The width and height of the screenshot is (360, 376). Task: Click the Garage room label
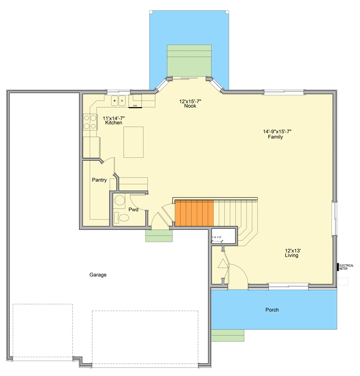click(x=98, y=275)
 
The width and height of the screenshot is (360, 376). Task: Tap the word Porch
click(x=272, y=310)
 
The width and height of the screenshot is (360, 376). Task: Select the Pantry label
click(x=99, y=180)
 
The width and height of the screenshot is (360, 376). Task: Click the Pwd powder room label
click(x=134, y=210)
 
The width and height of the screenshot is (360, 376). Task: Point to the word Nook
click(x=190, y=106)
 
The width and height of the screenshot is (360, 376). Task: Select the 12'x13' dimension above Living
click(x=292, y=251)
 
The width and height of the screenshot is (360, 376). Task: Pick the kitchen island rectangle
click(x=134, y=142)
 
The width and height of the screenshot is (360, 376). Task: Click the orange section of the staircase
click(x=194, y=213)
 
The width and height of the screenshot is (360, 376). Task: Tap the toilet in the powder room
click(x=123, y=218)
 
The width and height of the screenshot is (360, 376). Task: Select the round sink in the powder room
click(x=120, y=199)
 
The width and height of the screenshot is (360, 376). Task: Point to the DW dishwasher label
click(x=135, y=106)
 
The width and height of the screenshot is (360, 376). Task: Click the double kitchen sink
click(x=118, y=101)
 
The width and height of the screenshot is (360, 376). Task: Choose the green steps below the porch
click(x=228, y=335)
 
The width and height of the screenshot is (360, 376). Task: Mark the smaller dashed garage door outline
click(x=42, y=332)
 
